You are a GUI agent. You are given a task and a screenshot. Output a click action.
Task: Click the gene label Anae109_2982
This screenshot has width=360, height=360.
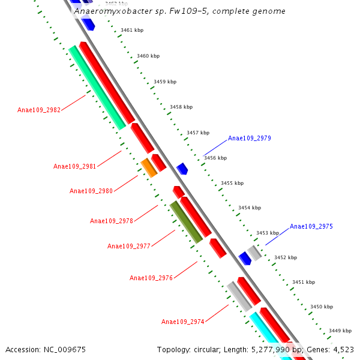tap(39, 110)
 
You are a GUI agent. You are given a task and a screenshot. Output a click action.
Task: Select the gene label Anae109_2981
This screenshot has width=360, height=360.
tap(74, 166)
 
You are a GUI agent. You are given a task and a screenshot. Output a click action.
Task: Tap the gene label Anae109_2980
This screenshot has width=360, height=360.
tap(91, 191)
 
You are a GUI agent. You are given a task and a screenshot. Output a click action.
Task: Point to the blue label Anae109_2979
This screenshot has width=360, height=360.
tap(249, 138)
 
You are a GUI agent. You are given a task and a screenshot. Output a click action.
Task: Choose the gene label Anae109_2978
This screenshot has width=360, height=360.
tap(111, 221)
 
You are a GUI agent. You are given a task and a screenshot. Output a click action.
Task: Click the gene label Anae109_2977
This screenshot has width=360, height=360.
tap(128, 246)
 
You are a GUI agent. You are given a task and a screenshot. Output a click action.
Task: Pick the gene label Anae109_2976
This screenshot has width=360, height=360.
tap(151, 278)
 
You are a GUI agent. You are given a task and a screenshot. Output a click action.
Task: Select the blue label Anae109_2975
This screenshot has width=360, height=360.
tap(311, 226)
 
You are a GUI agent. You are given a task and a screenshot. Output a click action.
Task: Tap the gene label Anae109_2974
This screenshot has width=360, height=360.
tap(183, 322)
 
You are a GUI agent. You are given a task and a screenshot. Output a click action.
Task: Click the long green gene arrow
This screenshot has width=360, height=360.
tap(97, 88)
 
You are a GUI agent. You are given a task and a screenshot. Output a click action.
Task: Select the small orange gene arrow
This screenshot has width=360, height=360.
tap(149, 167)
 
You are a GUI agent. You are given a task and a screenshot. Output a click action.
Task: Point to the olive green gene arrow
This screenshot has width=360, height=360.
tap(186, 222)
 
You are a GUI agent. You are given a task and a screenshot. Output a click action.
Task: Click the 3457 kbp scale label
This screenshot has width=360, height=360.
tap(198, 133)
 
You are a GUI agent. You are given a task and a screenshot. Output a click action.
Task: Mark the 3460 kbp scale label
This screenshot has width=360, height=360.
tap(148, 56)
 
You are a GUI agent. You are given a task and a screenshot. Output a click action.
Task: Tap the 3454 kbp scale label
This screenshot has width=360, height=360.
tap(250, 208)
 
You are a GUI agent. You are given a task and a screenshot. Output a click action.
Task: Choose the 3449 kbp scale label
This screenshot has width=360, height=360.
tap(340, 331)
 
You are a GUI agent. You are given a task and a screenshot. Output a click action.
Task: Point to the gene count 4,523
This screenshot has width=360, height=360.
tap(343, 349)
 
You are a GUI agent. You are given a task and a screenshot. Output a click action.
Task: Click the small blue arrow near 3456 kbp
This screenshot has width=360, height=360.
tap(182, 169)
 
